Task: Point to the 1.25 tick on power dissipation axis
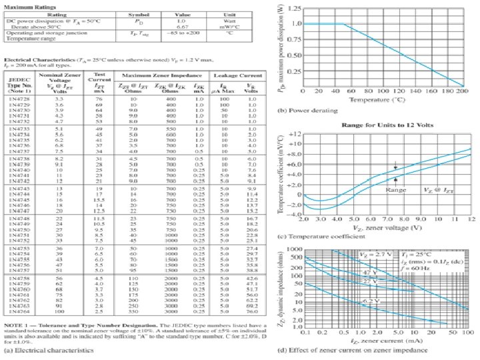(x=293, y=8)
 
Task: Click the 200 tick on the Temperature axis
(x=462, y=91)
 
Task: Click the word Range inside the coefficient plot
(x=395, y=189)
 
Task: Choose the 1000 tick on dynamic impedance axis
(x=293, y=248)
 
